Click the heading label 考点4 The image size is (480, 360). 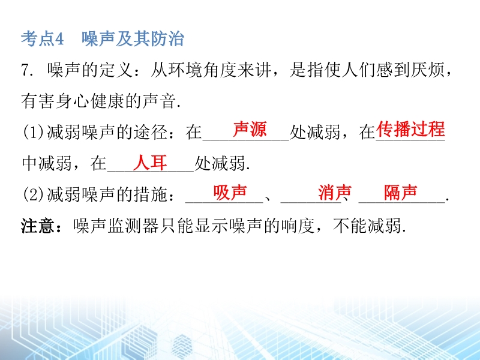coord(42,39)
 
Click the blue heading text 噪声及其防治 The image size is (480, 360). coord(133,39)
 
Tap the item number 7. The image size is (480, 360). coord(26,70)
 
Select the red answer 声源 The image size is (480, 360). coord(250,129)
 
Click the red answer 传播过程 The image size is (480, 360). coord(410,129)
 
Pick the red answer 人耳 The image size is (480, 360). coord(150,162)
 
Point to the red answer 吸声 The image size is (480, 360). coord(230,193)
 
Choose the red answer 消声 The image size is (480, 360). coord(335,193)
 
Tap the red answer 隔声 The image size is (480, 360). coord(401,193)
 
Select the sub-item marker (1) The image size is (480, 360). coord(34,132)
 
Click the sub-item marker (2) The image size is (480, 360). coord(34,194)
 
